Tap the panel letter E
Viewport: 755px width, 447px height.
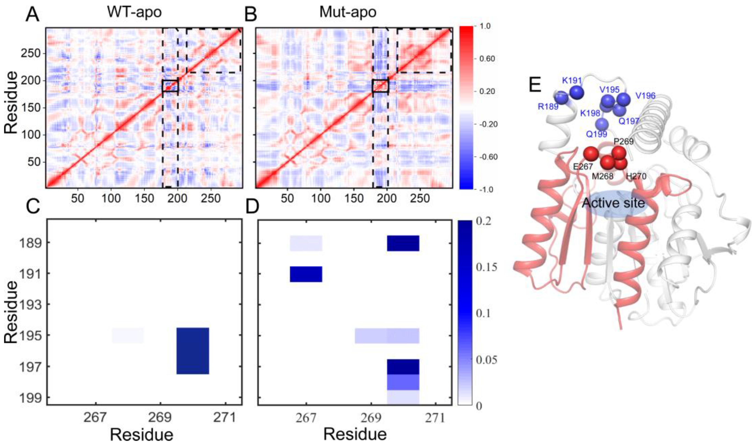pyautogui.click(x=535, y=86)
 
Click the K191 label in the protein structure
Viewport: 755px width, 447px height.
pyautogui.click(x=572, y=80)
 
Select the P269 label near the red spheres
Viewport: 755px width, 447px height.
pyautogui.click(x=624, y=141)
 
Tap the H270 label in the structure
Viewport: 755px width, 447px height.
pyautogui.click(x=636, y=176)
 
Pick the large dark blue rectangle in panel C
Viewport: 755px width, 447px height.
pyautogui.click(x=193, y=351)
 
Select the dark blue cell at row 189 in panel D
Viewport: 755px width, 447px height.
pyautogui.click(x=403, y=243)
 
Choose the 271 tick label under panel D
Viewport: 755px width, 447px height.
pyautogui.click(x=436, y=418)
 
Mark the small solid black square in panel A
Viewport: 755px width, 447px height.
pyautogui.click(x=170, y=86)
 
